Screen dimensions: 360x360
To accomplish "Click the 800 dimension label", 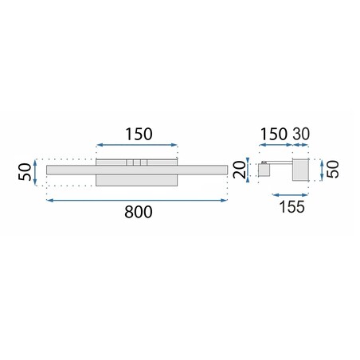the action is pos(139,212).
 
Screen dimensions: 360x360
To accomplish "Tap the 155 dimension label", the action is pos(292,207).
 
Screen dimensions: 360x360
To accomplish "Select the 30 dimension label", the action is pos(301,134).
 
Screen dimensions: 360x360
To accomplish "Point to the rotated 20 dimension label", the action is pos(239,170).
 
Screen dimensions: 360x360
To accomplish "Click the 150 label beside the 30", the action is pos(274,134).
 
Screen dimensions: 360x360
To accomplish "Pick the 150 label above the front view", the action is pos(139,134).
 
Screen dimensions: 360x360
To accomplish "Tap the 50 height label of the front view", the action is pos(25,172).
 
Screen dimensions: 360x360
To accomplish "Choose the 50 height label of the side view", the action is pos(333,169).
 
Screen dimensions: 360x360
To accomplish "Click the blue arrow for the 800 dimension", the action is pos(137,201).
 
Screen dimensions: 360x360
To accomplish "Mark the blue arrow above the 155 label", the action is pos(290,195).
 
